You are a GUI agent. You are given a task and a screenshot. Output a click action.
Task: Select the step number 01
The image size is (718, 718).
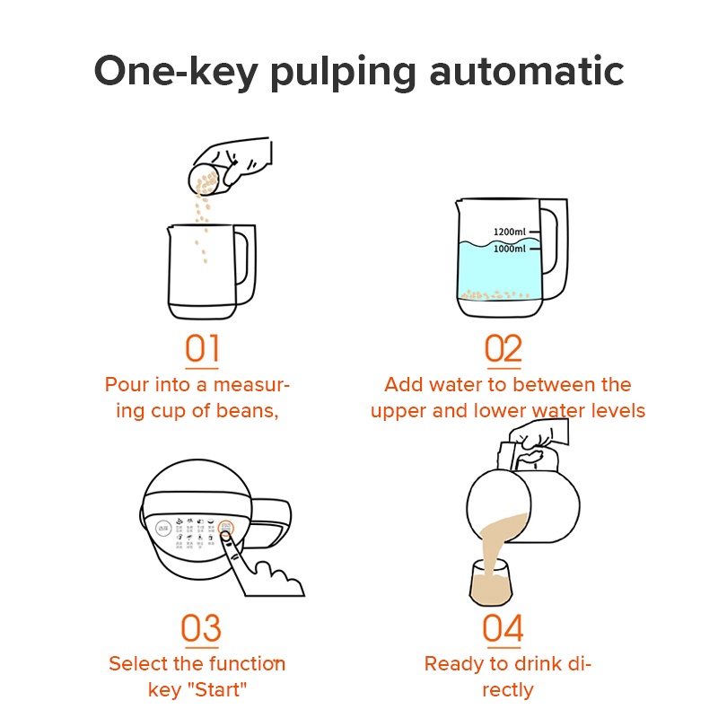coord(201,348)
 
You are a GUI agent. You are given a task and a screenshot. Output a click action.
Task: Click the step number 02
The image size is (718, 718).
coord(503,348)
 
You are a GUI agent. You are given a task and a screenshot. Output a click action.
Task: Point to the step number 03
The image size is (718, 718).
coord(201,628)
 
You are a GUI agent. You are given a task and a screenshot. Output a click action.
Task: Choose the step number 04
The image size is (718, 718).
coord(503,628)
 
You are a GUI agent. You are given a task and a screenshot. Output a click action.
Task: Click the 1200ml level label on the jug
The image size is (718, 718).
coord(509,232)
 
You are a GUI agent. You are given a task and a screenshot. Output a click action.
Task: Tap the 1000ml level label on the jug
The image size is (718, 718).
coord(509,249)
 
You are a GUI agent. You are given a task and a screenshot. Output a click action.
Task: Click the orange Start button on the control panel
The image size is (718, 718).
coord(225,530)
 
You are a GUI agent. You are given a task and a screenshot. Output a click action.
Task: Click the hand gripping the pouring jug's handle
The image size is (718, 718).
coord(534,440)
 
